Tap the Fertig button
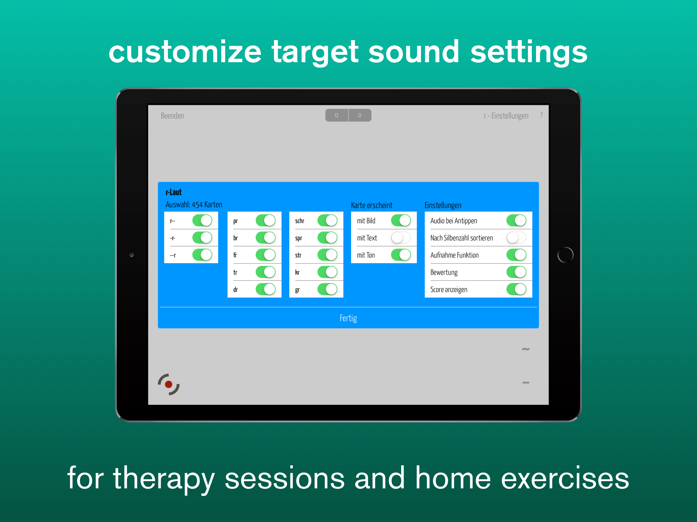[348, 318]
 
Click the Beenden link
[172, 116]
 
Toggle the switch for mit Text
[401, 238]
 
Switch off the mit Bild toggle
[401, 220]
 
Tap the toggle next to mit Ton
[401, 255]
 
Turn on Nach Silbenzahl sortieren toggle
[516, 238]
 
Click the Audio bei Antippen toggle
[516, 220]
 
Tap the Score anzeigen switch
[516, 289]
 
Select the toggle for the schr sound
[327, 220]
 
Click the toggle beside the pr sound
[266, 220]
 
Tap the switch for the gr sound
[327, 289]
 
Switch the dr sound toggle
[266, 289]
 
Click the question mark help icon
[541, 115]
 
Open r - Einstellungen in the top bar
[506, 116]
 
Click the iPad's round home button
[565, 255]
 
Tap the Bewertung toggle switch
[516, 272]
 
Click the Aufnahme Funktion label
[454, 255]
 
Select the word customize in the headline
[185, 52]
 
